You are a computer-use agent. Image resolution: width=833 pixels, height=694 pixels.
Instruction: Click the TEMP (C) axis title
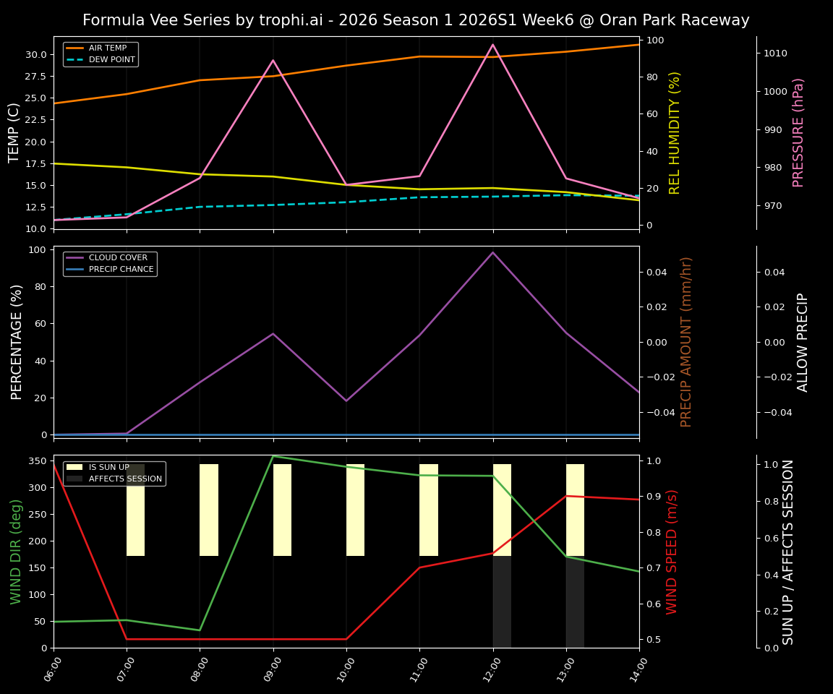[14, 132]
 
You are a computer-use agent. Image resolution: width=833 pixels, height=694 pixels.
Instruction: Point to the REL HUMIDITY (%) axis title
[675, 132]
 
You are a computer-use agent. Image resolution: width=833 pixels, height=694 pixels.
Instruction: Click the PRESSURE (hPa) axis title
[798, 132]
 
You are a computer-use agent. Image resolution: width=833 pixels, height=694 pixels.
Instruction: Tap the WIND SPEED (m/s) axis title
[672, 552]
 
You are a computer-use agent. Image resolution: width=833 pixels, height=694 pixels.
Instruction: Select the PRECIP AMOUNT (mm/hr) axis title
[687, 341]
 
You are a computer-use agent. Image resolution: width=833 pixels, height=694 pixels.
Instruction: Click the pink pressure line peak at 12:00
[493, 45]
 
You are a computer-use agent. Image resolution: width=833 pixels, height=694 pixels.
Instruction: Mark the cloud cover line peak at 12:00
[493, 252]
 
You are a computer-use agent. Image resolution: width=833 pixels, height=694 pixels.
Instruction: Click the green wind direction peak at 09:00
[273, 456]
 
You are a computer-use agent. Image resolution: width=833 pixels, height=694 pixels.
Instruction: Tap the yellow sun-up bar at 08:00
[209, 510]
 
